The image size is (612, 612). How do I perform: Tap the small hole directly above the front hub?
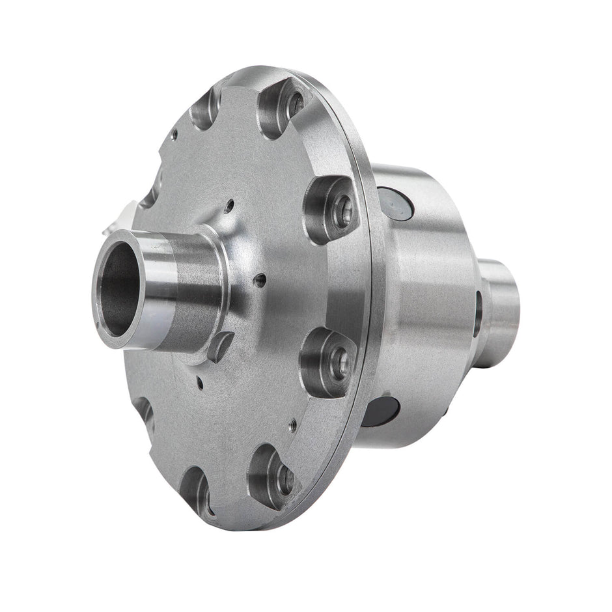[230, 207]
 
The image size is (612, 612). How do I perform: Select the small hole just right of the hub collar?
[260, 281]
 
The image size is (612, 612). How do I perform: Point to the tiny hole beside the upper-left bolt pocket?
[174, 135]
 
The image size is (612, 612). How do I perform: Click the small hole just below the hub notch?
[201, 378]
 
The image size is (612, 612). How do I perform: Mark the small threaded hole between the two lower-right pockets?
[294, 424]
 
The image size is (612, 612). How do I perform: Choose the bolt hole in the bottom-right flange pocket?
[285, 479]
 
